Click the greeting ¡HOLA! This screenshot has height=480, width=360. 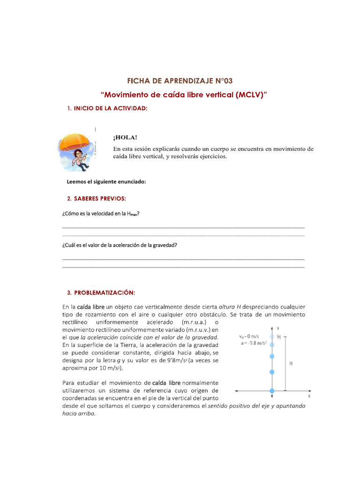click(x=125, y=137)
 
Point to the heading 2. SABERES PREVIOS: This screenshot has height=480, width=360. click(x=97, y=198)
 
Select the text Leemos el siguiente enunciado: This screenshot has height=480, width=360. click(x=106, y=182)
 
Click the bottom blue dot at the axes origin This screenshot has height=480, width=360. click(x=272, y=390)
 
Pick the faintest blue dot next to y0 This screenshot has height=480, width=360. click(x=272, y=336)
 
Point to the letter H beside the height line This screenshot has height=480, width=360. click(x=291, y=363)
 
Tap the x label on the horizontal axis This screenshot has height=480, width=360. click(x=309, y=396)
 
